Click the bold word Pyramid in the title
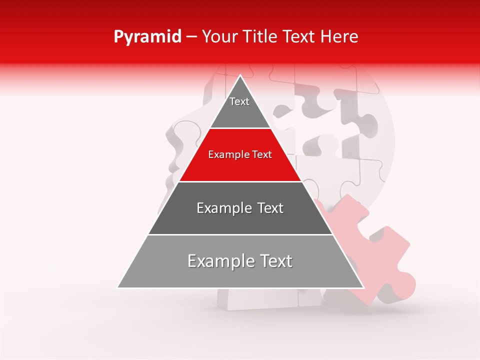[x=147, y=37]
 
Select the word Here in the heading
[x=339, y=37]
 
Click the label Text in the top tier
[x=239, y=101]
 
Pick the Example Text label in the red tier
[x=240, y=154]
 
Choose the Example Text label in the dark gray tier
[x=240, y=208]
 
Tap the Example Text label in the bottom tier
[x=240, y=261]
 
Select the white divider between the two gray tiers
[x=240, y=234]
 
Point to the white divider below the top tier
[x=240, y=128]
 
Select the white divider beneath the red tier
[x=240, y=181]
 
